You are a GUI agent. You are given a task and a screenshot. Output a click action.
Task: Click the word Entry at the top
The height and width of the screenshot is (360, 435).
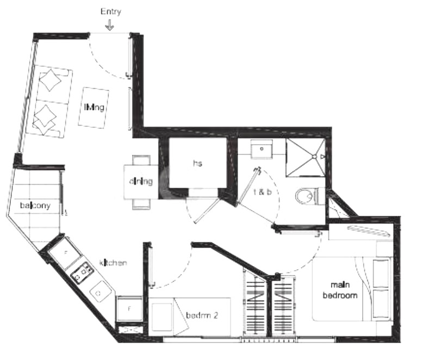click(x=110, y=11)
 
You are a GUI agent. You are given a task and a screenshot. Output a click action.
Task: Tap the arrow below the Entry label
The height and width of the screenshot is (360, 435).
click(x=110, y=25)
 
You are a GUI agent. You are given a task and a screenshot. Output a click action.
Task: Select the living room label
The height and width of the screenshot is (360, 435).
click(x=94, y=107)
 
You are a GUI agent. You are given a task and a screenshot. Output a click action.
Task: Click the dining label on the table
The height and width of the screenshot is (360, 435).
click(x=140, y=182)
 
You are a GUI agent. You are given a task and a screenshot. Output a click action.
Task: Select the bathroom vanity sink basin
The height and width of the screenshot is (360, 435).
click(x=264, y=149)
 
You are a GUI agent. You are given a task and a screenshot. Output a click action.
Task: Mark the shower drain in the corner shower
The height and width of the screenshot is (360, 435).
click(x=314, y=156)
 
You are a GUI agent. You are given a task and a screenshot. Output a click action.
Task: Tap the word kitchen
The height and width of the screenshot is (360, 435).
click(x=113, y=263)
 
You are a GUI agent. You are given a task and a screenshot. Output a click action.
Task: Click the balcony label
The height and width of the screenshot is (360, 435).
click(x=35, y=206)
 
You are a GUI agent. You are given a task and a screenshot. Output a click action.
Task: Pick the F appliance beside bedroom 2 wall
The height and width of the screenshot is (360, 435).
click(x=129, y=309)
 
